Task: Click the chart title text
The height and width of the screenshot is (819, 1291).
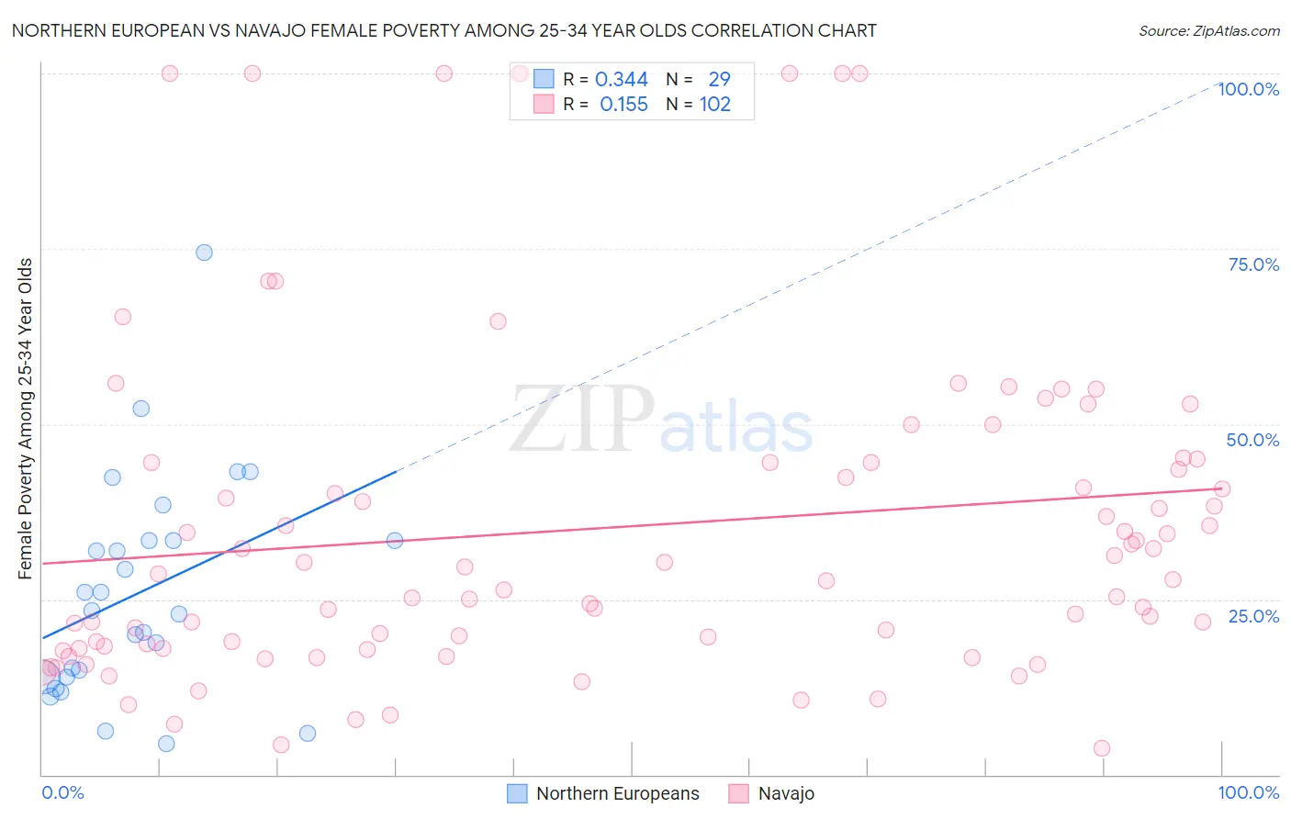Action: pyautogui.click(x=443, y=30)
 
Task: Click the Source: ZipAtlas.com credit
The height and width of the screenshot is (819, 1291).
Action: pyautogui.click(x=1208, y=31)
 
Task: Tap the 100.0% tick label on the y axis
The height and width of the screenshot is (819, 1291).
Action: pyautogui.click(x=1248, y=89)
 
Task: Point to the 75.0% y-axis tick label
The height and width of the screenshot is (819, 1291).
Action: pyautogui.click(x=1253, y=264)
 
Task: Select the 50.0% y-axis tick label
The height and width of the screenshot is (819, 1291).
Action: pyautogui.click(x=1252, y=440)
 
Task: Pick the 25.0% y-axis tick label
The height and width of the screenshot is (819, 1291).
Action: pyautogui.click(x=1253, y=616)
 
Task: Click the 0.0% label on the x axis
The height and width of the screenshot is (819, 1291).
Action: pyautogui.click(x=62, y=792)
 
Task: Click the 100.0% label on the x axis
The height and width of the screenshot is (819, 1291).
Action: pyautogui.click(x=1248, y=792)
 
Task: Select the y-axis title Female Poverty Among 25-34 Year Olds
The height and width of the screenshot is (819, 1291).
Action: pyautogui.click(x=26, y=419)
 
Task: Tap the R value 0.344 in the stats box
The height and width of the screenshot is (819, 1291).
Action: pyautogui.click(x=622, y=80)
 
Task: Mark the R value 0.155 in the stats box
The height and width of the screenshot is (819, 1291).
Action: pyautogui.click(x=623, y=105)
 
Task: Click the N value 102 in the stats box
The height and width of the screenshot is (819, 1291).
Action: pyautogui.click(x=715, y=105)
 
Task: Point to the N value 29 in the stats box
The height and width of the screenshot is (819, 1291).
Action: pyautogui.click(x=719, y=80)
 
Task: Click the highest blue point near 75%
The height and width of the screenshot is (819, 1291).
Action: pyautogui.click(x=204, y=252)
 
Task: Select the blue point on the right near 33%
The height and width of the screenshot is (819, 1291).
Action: pyautogui.click(x=395, y=541)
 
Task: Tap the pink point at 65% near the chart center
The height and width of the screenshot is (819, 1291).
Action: pyautogui.click(x=498, y=321)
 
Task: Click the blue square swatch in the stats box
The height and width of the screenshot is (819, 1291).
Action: pyautogui.click(x=544, y=80)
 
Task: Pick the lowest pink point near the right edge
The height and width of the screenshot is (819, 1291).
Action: pyautogui.click(x=1102, y=748)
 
